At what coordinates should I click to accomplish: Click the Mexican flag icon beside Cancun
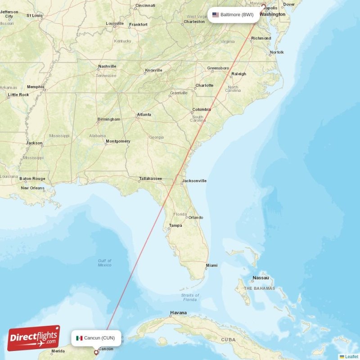coord(79,338)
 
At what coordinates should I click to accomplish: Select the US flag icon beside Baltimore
coord(216,15)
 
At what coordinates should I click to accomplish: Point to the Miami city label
coord(211,265)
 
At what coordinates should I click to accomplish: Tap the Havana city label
coord(178,313)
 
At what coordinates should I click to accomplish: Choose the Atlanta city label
coord(144,115)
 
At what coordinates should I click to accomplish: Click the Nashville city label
coord(107,67)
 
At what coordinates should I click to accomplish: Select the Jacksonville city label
coord(194,181)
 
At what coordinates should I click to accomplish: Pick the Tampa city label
coord(175,225)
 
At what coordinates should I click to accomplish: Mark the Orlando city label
coord(196,217)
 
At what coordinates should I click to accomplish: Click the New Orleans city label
coord(32,188)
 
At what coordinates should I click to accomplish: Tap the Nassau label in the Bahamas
coord(261,278)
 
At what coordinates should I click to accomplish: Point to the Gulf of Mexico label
coord(104,263)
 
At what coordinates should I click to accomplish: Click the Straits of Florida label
coord(189,297)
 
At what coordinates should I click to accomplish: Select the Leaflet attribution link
coord(351,356)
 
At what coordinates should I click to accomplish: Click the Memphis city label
coord(36,87)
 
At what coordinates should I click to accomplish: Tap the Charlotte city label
coord(204,85)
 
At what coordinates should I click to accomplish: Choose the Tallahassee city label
coord(150,179)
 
